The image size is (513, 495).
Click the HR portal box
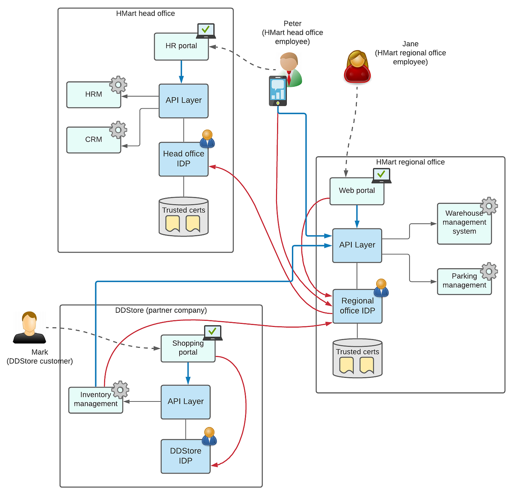[x=181, y=47]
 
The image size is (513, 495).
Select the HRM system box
[x=94, y=95]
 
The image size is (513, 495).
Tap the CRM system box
[x=94, y=139]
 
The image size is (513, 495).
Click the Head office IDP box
[x=183, y=159]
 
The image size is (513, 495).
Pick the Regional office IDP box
[x=357, y=306]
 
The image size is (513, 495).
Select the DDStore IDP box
[x=186, y=456]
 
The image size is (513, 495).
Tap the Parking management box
[x=464, y=281]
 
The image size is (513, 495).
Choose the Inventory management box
[x=95, y=400]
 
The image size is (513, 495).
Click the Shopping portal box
[x=188, y=348]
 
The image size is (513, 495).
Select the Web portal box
[x=357, y=191]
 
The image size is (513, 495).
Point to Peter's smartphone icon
[x=277, y=91]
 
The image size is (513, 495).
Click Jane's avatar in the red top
[x=357, y=67]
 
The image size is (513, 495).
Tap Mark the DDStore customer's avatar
[x=29, y=328]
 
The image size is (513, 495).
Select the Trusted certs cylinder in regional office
[x=357, y=358]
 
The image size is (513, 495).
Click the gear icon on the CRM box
[x=118, y=130]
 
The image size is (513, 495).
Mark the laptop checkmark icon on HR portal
[x=206, y=31]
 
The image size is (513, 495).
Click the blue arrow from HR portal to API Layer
[x=181, y=71]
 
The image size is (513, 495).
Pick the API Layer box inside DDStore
[x=186, y=402]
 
